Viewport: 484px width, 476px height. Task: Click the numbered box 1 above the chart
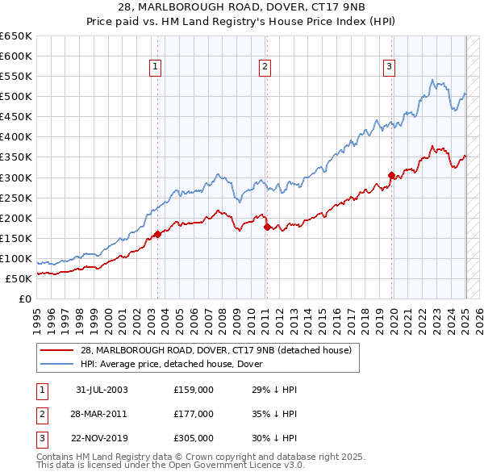pyautogui.click(x=154, y=67)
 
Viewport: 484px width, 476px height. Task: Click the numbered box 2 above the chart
pyautogui.click(x=265, y=67)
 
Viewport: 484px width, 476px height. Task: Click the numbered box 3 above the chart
pyautogui.click(x=389, y=67)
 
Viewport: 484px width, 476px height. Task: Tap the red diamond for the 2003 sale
pyautogui.click(x=157, y=235)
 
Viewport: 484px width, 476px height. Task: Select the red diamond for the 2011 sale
pyautogui.click(x=267, y=228)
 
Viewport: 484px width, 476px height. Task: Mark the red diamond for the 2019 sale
pyautogui.click(x=391, y=175)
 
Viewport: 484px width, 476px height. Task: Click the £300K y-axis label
pyautogui.click(x=16, y=177)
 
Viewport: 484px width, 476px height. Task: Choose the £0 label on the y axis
pyautogui.click(x=25, y=299)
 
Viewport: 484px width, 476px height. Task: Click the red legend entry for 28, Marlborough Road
pyautogui.click(x=215, y=350)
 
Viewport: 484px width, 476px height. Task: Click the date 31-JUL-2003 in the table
pyautogui.click(x=102, y=390)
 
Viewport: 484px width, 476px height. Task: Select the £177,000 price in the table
pyautogui.click(x=194, y=414)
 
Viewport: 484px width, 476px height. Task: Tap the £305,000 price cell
pyautogui.click(x=194, y=438)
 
